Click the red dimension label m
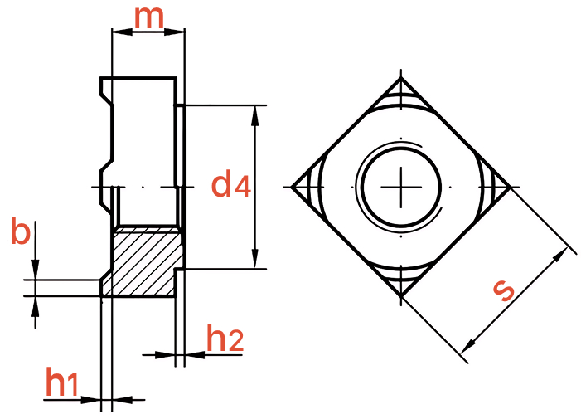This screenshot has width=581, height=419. click(x=148, y=17)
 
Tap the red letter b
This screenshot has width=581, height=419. click(x=21, y=231)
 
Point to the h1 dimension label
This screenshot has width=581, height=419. click(x=62, y=382)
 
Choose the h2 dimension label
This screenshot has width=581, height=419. click(x=225, y=338)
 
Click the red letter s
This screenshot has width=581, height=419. click(x=503, y=290)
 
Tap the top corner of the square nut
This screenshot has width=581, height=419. click(x=401, y=77)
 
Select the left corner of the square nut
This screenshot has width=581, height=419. click(x=291, y=187)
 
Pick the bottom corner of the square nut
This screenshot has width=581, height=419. click(x=401, y=297)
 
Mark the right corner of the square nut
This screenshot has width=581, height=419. click(x=511, y=187)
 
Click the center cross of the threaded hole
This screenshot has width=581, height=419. click(x=401, y=187)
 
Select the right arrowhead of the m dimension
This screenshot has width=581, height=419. click(x=174, y=32)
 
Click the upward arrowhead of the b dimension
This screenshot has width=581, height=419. click(x=35, y=306)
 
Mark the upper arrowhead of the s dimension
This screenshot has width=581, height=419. click(x=560, y=255)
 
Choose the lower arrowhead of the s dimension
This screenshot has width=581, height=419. click(x=469, y=346)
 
